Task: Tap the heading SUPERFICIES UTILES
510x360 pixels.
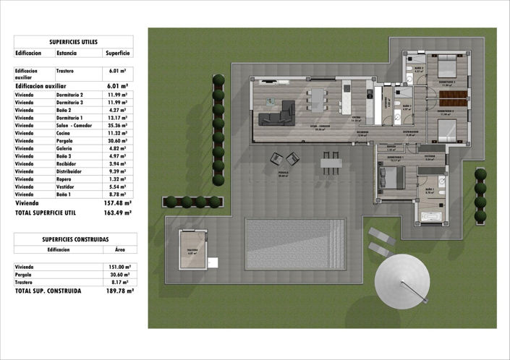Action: (73, 42)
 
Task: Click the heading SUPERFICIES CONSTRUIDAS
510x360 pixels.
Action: (73, 239)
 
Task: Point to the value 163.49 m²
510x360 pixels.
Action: (117, 213)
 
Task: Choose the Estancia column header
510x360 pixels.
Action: (67, 53)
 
